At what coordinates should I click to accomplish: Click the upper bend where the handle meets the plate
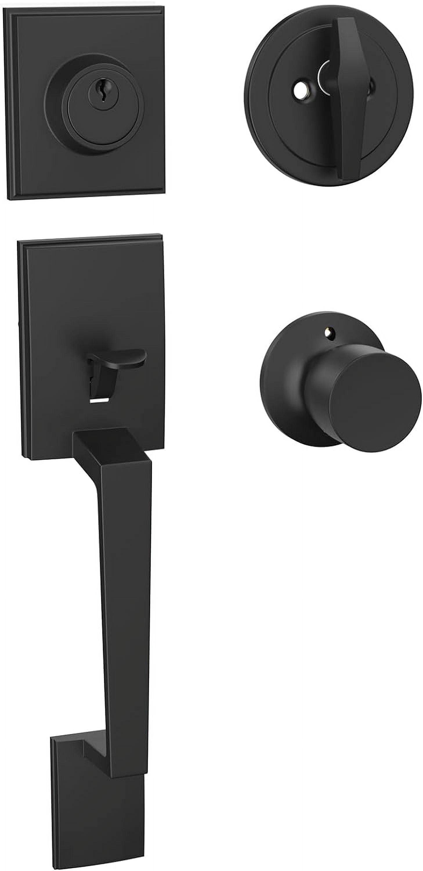(101, 443)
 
